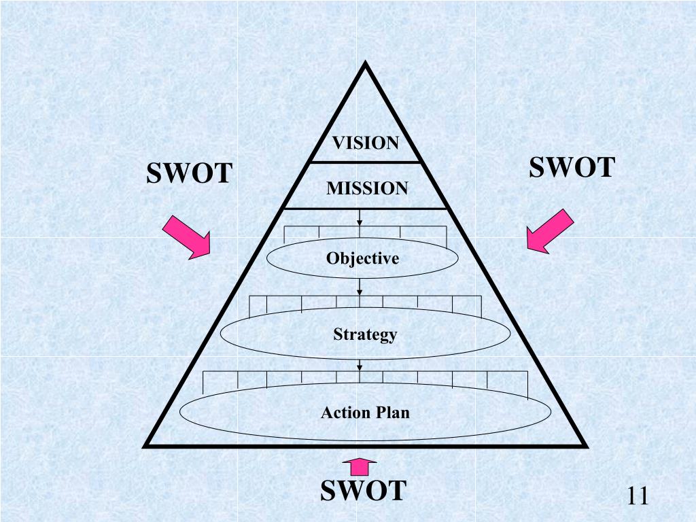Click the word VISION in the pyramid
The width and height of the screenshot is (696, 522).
(365, 143)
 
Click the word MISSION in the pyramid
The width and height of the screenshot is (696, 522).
(367, 188)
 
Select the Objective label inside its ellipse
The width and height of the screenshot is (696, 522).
(362, 258)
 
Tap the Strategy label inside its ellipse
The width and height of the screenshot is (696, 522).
(365, 334)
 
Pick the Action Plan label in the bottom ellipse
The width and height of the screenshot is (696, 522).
(365, 413)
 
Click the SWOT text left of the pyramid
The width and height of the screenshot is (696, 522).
(190, 174)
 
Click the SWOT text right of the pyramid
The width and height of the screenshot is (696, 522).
(572, 167)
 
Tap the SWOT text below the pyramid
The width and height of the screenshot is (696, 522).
(363, 490)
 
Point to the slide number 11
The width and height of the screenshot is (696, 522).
(638, 495)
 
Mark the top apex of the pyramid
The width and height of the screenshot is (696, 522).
(365, 65)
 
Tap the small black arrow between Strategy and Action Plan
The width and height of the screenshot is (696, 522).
(360, 367)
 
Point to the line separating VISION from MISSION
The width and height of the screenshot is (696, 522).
(365, 162)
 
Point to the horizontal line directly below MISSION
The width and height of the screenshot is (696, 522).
(365, 208)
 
